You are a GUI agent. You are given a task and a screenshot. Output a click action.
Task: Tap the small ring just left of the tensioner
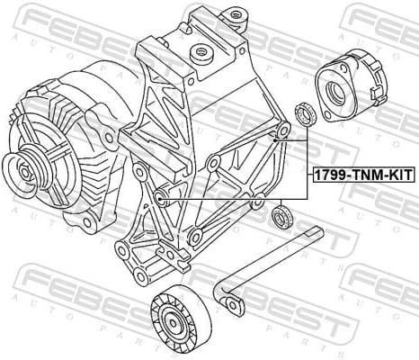pos(303,114)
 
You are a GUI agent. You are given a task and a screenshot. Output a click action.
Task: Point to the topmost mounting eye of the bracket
pos(236,15)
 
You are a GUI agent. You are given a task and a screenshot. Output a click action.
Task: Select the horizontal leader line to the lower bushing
pos(234,198)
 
